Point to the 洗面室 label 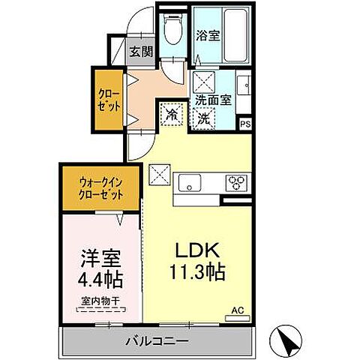click(213, 98)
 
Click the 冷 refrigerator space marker click(172, 115)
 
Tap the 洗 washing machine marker click(203, 116)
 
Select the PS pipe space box click(244, 125)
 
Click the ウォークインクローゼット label click(100, 185)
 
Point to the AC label click(238, 309)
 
